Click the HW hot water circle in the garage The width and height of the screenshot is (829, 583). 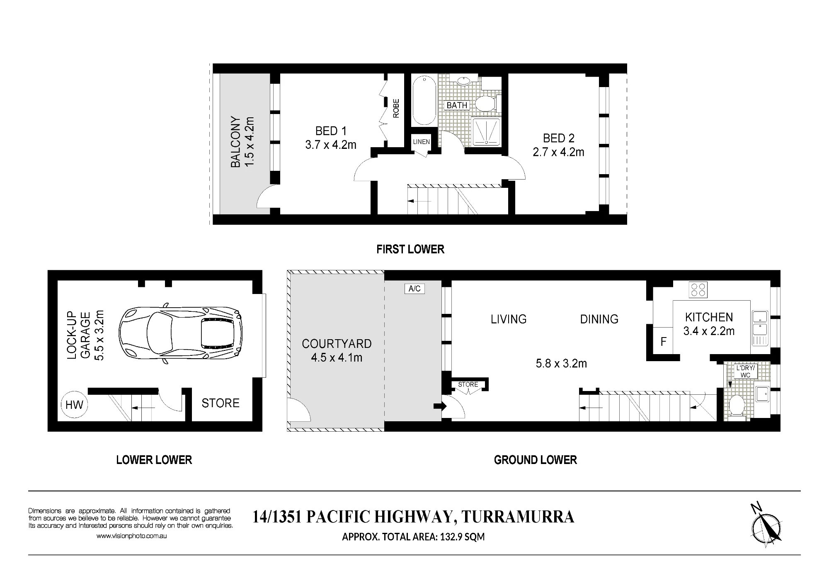tap(75, 404)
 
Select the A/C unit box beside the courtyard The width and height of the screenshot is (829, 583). tap(414, 289)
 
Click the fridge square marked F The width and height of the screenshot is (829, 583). tap(663, 341)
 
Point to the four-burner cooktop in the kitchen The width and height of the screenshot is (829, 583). tap(698, 289)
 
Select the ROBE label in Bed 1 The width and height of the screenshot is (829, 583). tap(396, 108)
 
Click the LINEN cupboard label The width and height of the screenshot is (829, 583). tap(421, 142)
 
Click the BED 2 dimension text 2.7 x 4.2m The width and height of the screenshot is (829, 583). tap(558, 152)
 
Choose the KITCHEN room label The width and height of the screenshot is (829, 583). tap(709, 317)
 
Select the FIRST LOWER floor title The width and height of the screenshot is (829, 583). tap(410, 249)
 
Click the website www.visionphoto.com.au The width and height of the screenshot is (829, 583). tap(131, 536)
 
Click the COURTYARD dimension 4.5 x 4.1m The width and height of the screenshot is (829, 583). tap(337, 357)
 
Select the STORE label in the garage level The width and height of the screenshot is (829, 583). tap(221, 403)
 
